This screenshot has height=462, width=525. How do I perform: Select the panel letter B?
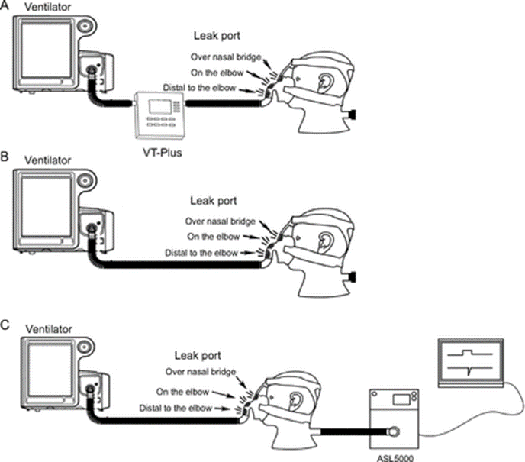(x=6, y=161)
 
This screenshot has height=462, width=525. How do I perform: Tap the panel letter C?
(x=6, y=325)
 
